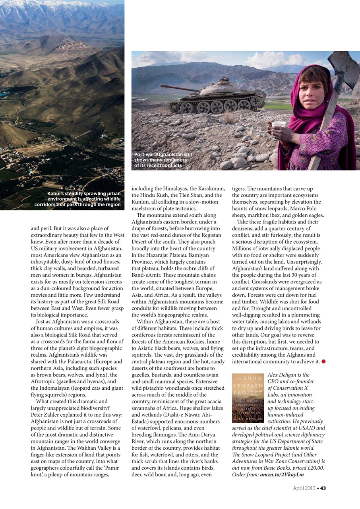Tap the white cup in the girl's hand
279,125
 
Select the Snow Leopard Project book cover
248,398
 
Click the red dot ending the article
323,361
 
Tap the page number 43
323,488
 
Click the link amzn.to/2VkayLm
282,474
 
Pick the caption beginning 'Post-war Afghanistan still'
163,160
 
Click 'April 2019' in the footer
305,488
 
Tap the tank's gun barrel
180,88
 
